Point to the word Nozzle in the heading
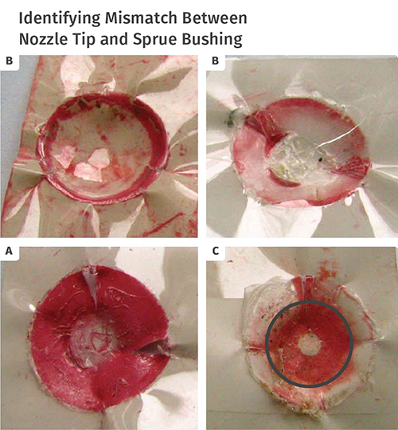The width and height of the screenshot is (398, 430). pyautogui.click(x=43, y=39)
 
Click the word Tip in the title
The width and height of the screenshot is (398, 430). pyautogui.click(x=84, y=40)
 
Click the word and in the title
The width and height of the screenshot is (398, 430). pyautogui.click(x=114, y=39)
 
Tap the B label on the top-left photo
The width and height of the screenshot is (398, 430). pyautogui.click(x=9, y=61)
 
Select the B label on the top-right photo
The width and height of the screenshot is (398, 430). pyautogui.click(x=215, y=61)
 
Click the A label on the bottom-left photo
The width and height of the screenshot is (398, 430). pyautogui.click(x=9, y=251)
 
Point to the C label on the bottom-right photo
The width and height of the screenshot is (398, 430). pyautogui.click(x=216, y=251)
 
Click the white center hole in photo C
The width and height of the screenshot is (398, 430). pyautogui.click(x=310, y=345)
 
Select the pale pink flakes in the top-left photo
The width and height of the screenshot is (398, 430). pyautogui.click(x=85, y=164)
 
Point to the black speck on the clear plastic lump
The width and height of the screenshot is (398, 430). pyautogui.click(x=320, y=158)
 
